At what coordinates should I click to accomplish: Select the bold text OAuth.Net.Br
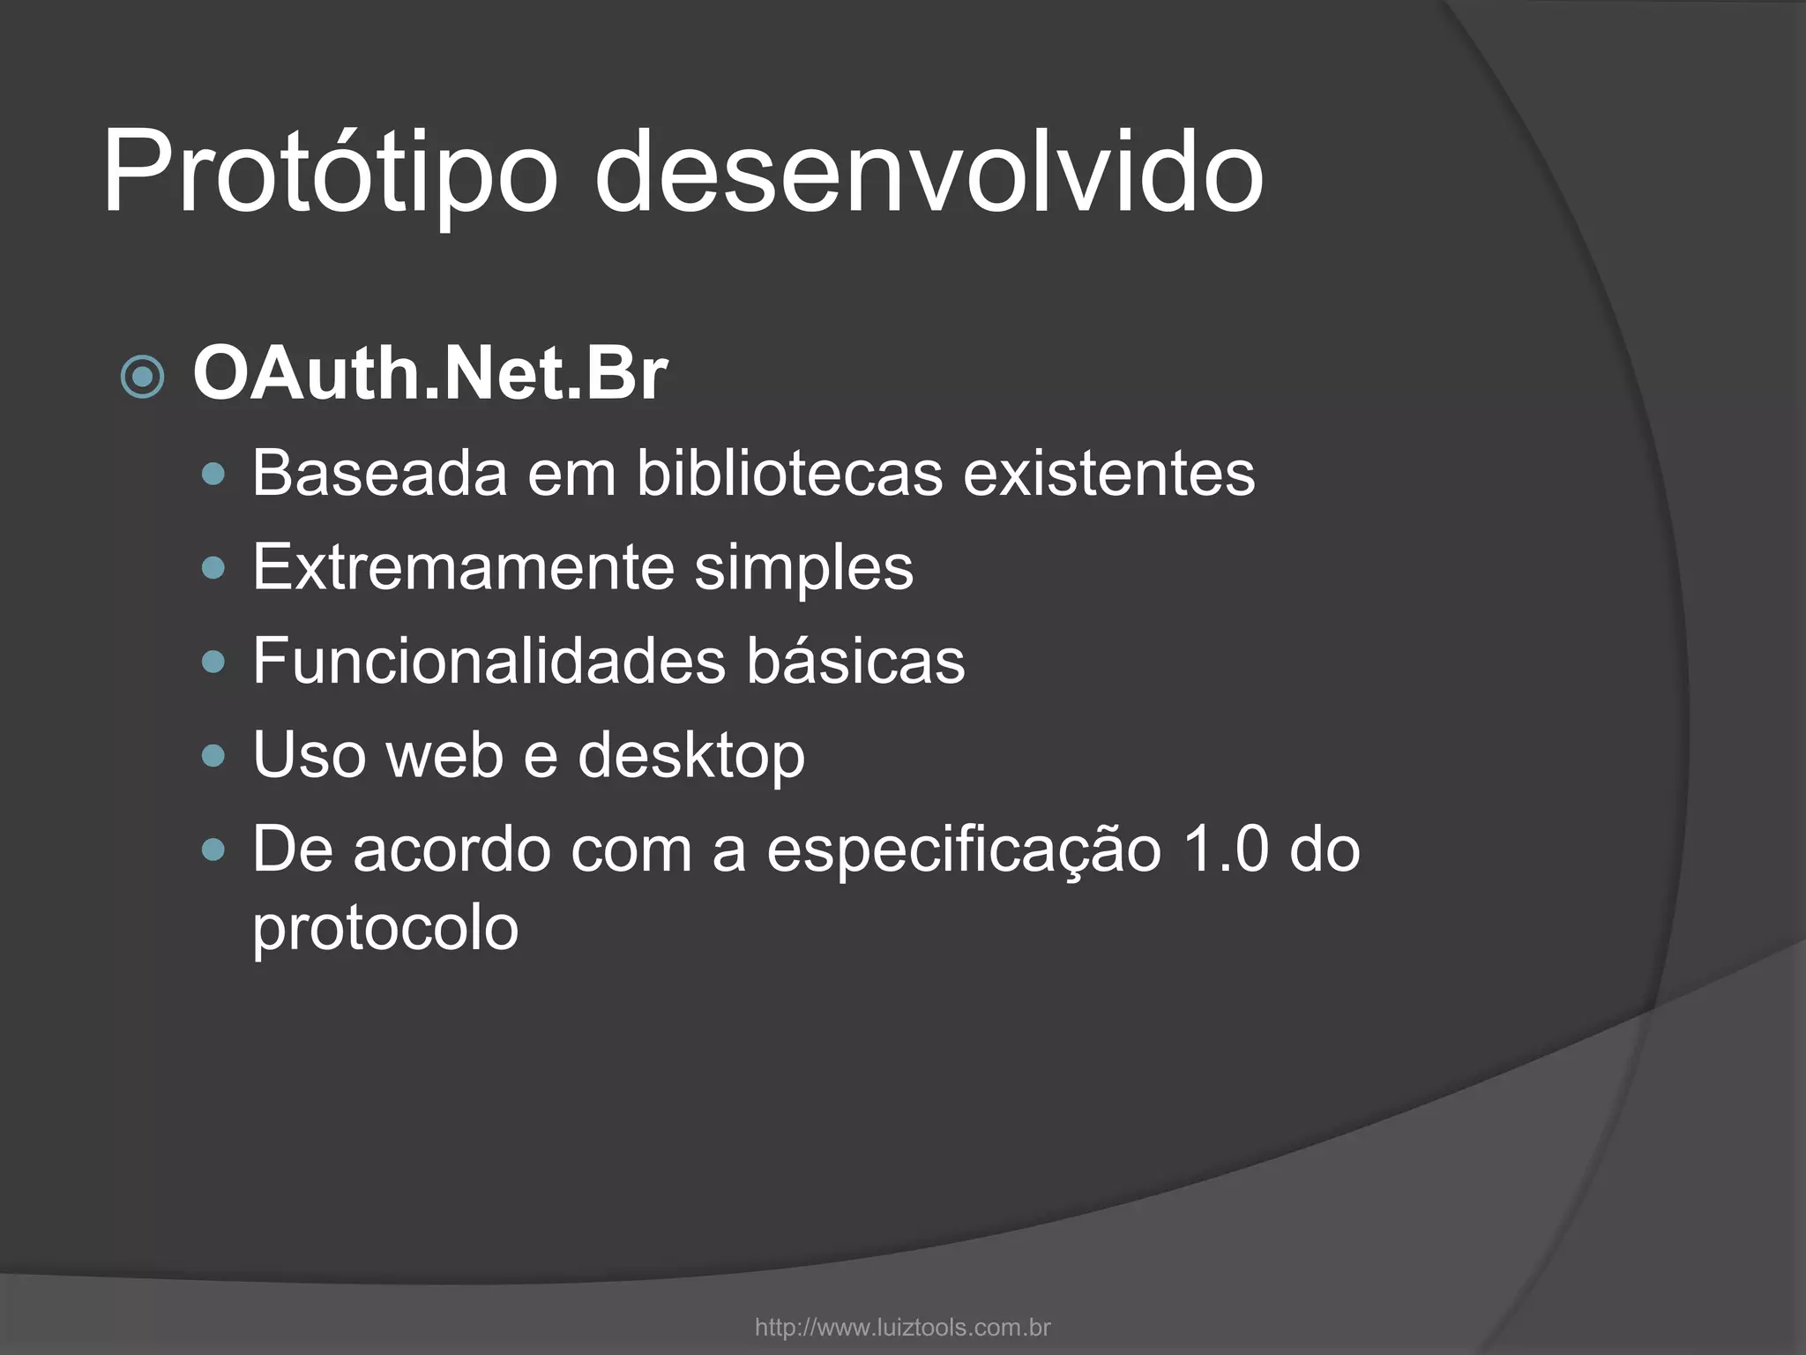tap(429, 375)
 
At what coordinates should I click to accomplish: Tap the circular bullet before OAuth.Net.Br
tap(142, 378)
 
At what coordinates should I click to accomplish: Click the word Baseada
tap(379, 474)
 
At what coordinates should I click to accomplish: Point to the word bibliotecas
tap(789, 474)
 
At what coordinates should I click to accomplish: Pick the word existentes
tap(1108, 474)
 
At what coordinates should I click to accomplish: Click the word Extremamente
tap(463, 567)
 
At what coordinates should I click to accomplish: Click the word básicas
tap(855, 661)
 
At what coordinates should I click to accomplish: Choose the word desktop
tap(690, 756)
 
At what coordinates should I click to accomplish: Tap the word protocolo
tap(385, 928)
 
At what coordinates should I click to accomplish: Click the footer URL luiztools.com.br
tap(902, 1328)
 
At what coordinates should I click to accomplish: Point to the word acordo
tap(451, 850)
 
